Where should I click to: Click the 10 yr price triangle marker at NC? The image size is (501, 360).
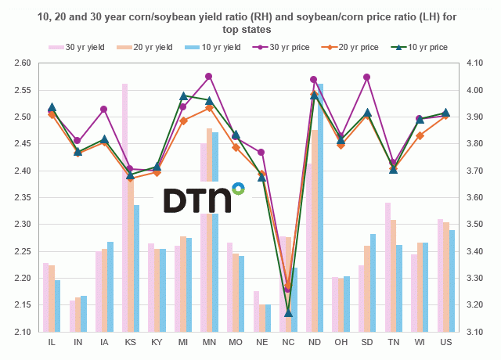click(288, 313)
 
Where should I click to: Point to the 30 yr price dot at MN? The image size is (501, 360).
click(208, 77)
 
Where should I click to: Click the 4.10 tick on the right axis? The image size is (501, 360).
click(477, 63)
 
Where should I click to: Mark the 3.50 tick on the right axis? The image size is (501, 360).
click(477, 225)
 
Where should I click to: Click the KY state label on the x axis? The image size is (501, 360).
click(157, 342)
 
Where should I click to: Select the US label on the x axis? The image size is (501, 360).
click(445, 342)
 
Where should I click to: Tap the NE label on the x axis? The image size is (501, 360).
click(262, 342)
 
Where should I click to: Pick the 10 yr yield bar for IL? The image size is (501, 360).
click(57, 306)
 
